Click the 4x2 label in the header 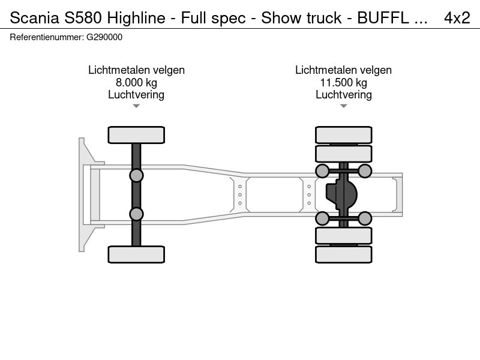(x=457, y=18)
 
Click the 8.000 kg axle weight (x=136, y=83)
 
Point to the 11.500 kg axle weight (x=343, y=83)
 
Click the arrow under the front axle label (x=136, y=106)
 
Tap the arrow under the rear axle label (x=343, y=106)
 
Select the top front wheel (x=136, y=134)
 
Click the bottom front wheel (x=136, y=254)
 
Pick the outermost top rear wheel (x=343, y=134)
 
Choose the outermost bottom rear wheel (x=343, y=254)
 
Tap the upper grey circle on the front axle (x=136, y=175)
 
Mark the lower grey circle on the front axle (x=136, y=214)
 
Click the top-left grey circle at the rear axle (x=322, y=171)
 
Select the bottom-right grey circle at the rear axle (x=365, y=217)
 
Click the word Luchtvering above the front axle (x=136, y=95)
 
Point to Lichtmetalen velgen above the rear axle (x=343, y=70)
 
